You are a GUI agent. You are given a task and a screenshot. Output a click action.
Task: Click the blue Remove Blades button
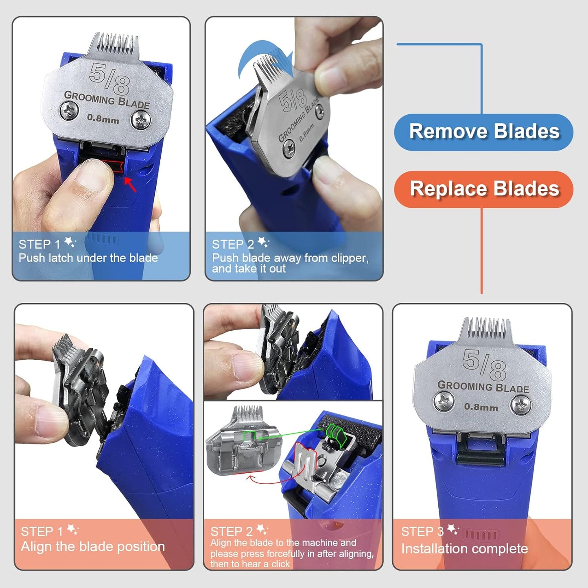click(x=483, y=132)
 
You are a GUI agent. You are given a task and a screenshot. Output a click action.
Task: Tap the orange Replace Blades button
click(x=483, y=189)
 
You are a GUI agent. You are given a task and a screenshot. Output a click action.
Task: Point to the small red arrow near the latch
click(x=130, y=184)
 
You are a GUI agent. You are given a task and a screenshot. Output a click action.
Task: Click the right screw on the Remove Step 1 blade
click(x=141, y=120)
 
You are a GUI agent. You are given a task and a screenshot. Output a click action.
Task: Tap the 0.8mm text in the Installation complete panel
click(x=481, y=407)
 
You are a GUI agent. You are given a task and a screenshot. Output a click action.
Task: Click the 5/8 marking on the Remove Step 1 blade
click(x=109, y=78)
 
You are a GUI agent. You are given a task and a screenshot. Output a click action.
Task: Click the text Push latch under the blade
click(x=88, y=258)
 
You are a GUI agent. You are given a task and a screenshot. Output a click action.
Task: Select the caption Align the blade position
click(x=93, y=546)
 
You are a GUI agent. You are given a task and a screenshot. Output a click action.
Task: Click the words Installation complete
click(x=464, y=549)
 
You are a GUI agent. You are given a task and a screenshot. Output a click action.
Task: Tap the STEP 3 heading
click(x=422, y=531)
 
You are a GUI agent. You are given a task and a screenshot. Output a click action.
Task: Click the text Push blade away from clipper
click(x=290, y=258)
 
